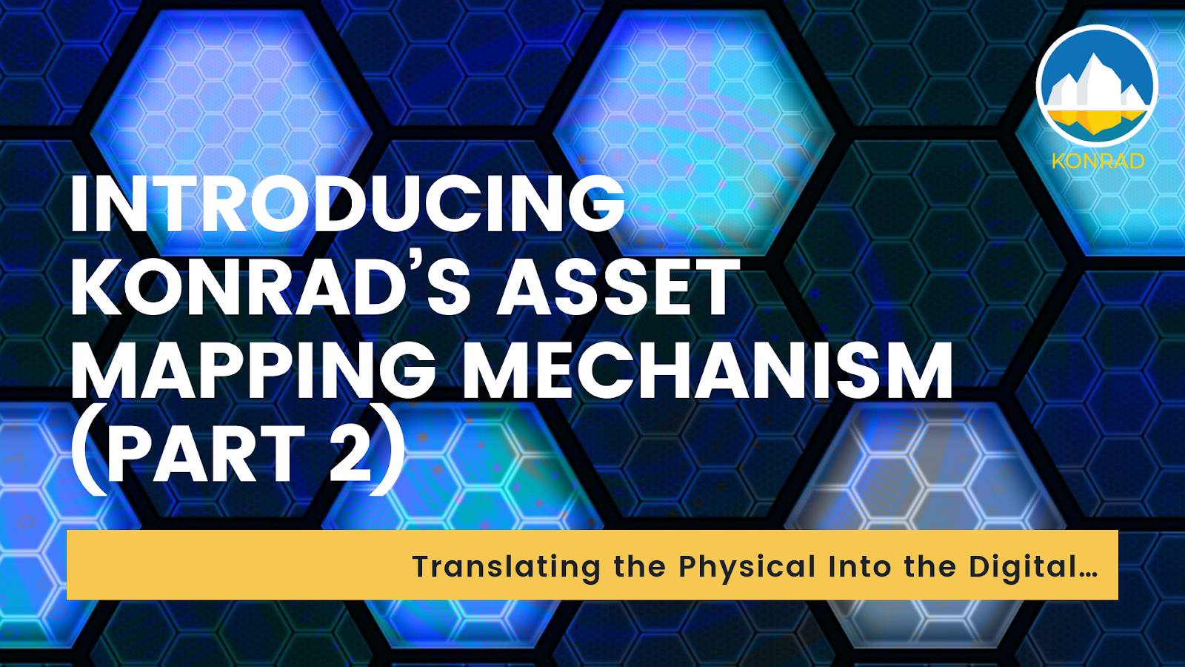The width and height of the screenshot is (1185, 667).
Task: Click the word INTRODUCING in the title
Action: tap(347, 204)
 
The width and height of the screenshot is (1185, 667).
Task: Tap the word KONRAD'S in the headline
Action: tap(270, 288)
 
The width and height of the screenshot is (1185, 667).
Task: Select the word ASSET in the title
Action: tap(618, 288)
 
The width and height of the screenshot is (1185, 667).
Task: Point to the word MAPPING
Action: tap(253, 371)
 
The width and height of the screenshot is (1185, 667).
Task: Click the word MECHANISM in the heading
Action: tap(707, 371)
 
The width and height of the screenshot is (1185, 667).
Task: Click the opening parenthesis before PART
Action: tap(87, 455)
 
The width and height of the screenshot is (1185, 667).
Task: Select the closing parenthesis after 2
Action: tap(388, 455)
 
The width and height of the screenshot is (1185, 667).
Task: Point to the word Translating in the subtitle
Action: tap(507, 567)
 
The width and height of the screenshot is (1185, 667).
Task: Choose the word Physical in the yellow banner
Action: tap(747, 567)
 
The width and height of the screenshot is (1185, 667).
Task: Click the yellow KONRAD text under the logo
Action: tap(1098, 161)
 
